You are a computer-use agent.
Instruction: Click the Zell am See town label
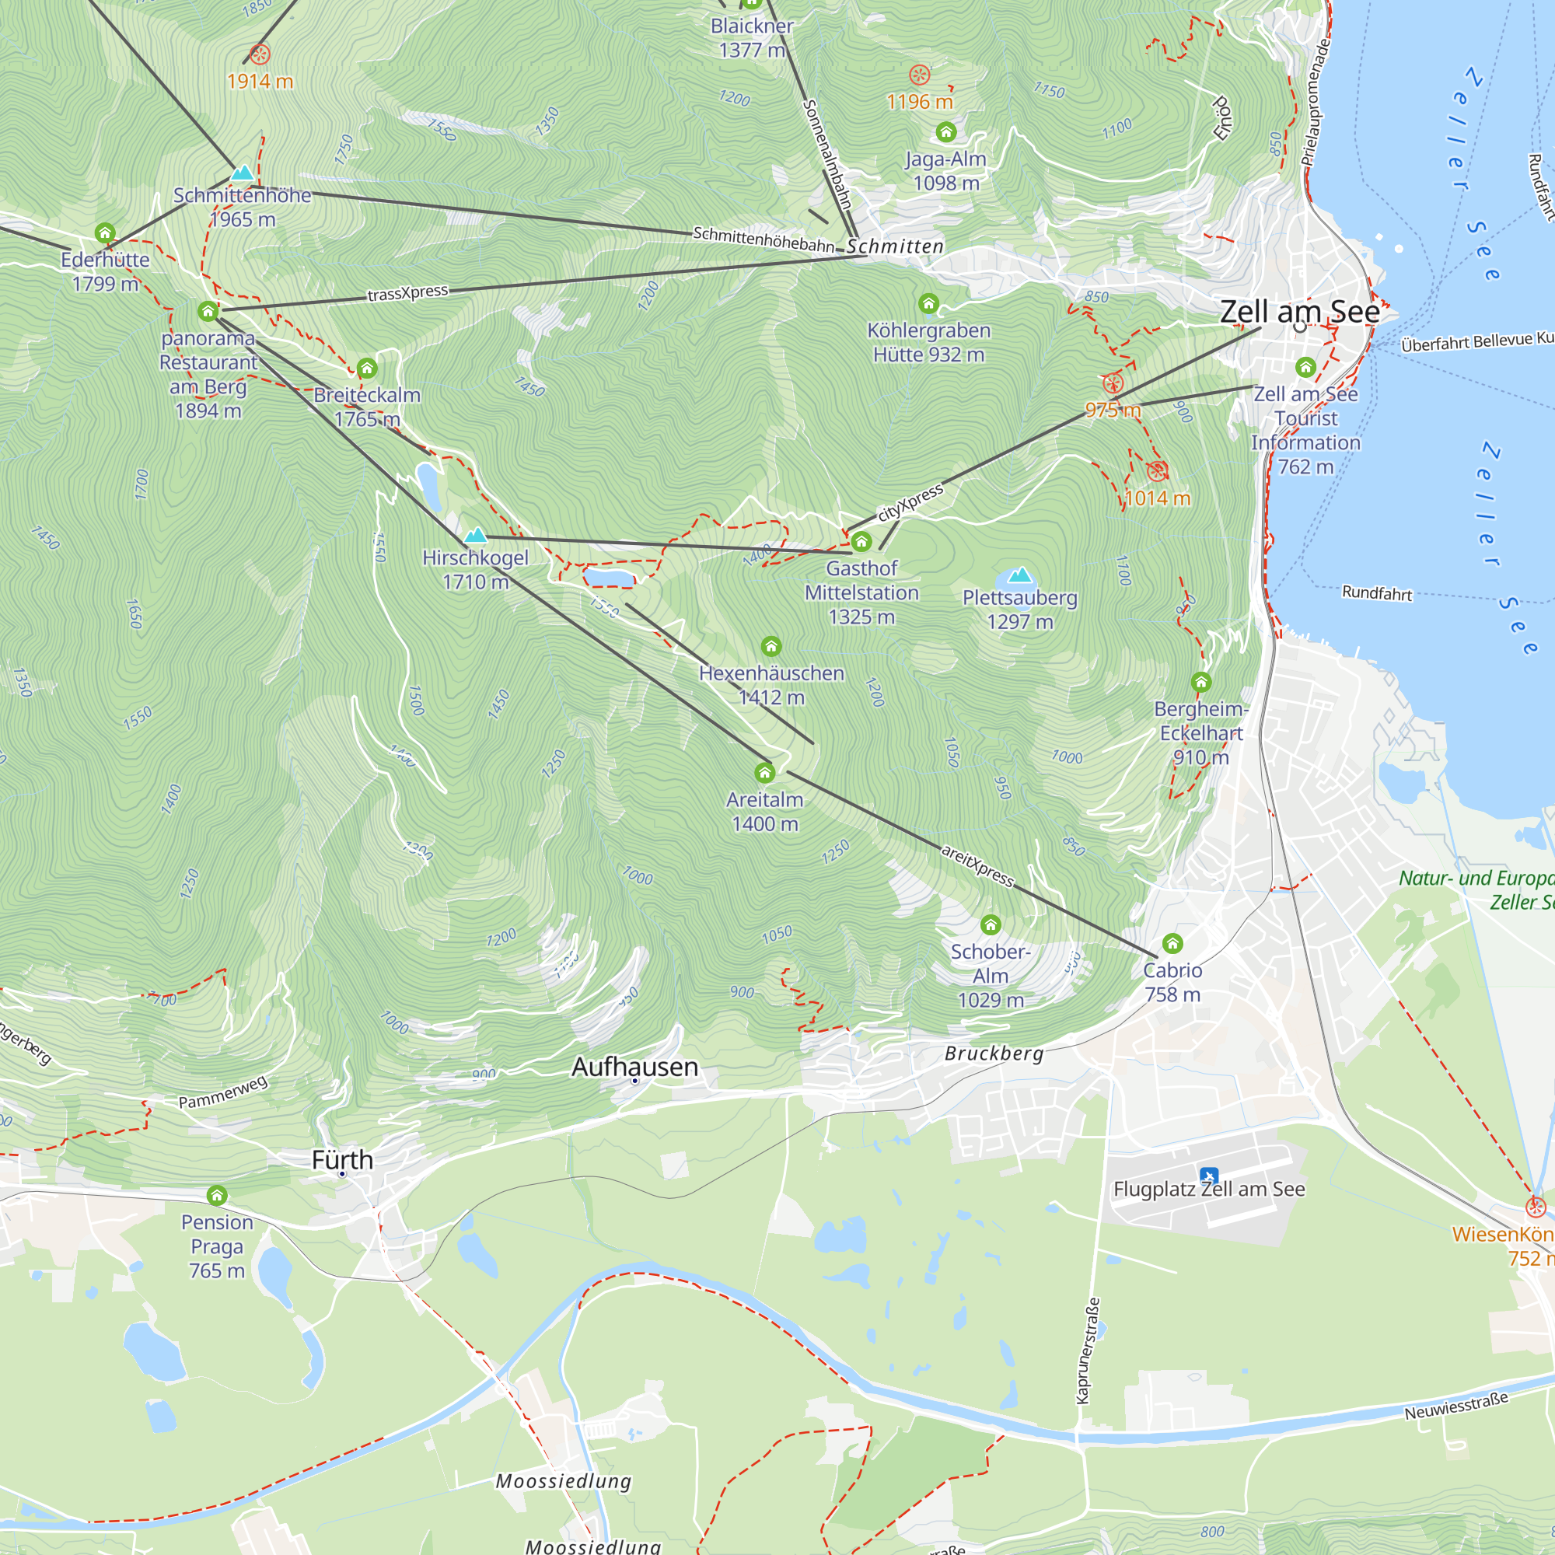[x=1299, y=312]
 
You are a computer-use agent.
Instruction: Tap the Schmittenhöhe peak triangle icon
[x=243, y=173]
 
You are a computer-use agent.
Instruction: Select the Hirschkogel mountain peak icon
[x=476, y=535]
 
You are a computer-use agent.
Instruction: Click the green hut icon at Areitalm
[x=764, y=774]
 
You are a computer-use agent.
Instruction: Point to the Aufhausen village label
[x=634, y=1068]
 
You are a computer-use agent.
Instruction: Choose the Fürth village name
[x=342, y=1160]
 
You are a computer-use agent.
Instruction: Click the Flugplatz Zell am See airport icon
[x=1208, y=1176]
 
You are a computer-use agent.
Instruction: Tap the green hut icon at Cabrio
[x=1172, y=943]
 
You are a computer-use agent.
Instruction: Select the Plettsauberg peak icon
[x=1020, y=575]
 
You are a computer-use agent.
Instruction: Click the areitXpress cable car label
[x=978, y=865]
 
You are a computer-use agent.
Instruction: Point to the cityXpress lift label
[x=910, y=503]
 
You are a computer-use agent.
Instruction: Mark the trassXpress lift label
[x=408, y=293]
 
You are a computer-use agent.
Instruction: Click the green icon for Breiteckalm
[x=367, y=369]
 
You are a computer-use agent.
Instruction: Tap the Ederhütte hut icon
[x=105, y=233]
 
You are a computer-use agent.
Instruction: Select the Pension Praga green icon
[x=216, y=1195]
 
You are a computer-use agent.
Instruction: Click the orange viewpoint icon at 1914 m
[x=259, y=54]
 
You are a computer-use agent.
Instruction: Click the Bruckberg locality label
[x=994, y=1054]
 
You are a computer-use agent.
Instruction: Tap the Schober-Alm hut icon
[x=990, y=924]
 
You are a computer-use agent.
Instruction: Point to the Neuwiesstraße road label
[x=1456, y=1406]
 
